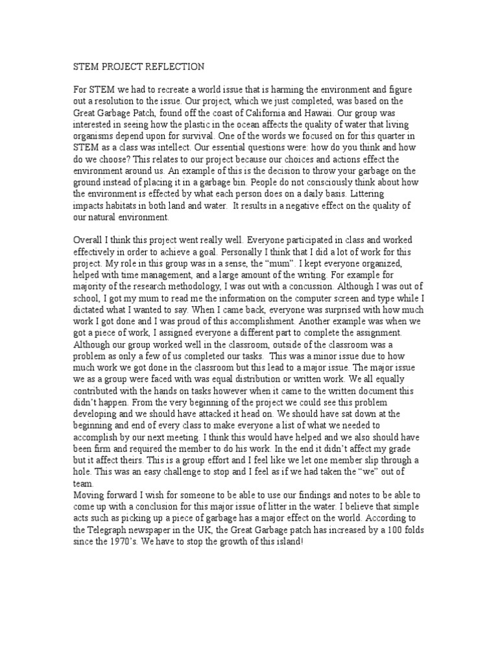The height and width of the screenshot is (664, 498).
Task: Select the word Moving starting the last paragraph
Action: point(88,495)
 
